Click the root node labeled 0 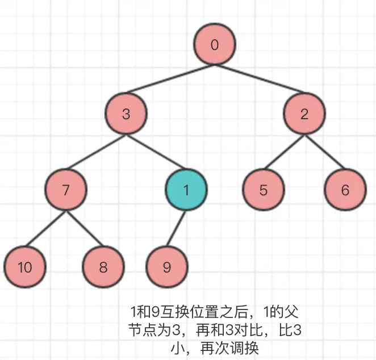coord(214,45)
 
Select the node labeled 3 coord(126,114)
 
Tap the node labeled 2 coord(305,114)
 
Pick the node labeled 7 coord(66,190)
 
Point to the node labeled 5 coord(263,190)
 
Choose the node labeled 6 coord(345,190)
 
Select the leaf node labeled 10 coord(24,267)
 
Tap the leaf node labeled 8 coord(103,267)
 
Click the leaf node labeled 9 coord(167,267)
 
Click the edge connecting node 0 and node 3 coord(170,79)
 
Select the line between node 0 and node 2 coord(260,79)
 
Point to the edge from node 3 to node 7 coord(97,152)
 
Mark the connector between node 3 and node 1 coord(156,152)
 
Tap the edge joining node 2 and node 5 coord(284,152)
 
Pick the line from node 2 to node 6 coord(325,152)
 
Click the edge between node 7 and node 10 coord(45,228)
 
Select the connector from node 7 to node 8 coord(85,228)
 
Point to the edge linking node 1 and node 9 coord(177,228)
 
